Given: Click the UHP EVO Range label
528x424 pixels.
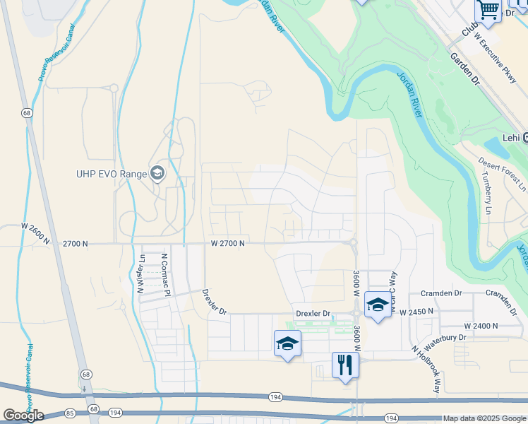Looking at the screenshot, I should click(x=112, y=174).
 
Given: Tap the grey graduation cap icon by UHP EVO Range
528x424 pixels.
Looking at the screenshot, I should click(x=157, y=173).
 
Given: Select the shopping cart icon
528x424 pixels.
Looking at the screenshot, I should click(x=487, y=10).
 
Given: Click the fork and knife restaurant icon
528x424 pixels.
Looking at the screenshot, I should click(x=345, y=365).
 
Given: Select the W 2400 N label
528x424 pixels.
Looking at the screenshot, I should click(x=481, y=326).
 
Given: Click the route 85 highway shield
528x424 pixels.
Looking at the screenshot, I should click(x=69, y=411).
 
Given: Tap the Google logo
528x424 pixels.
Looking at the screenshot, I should click(x=23, y=416).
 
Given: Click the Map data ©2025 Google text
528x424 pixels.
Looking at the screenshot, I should click(x=484, y=418).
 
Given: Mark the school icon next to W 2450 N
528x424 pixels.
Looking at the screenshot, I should click(x=377, y=305).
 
